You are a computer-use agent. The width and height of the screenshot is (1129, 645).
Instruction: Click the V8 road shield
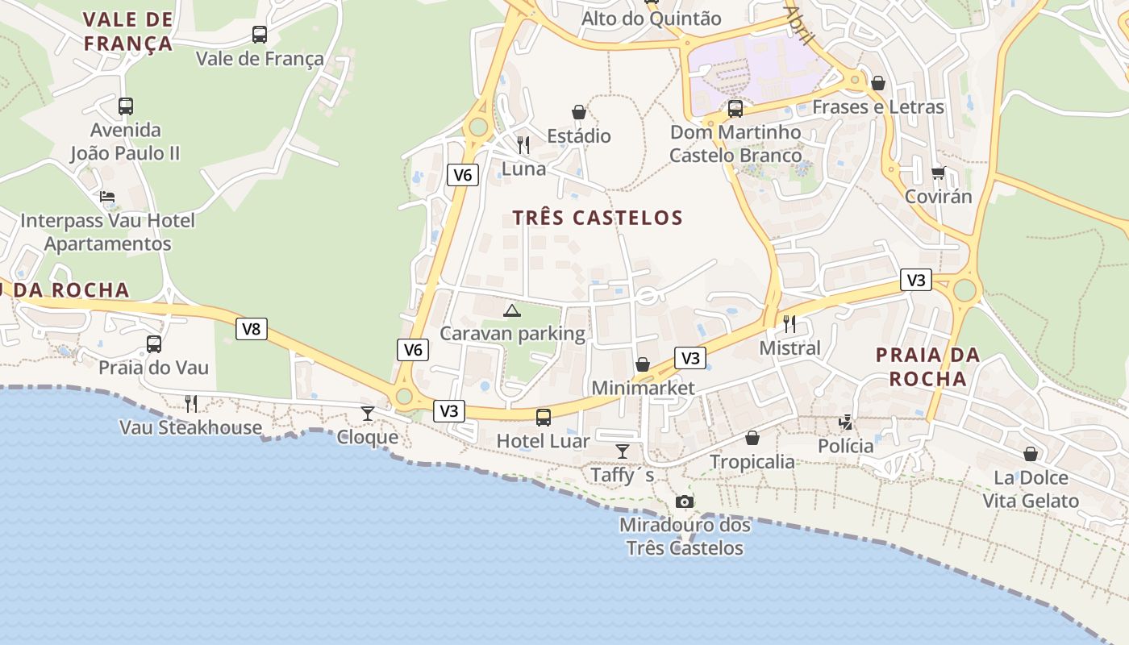[x=252, y=329]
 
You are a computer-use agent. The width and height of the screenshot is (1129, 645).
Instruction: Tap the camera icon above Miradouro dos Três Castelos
[x=685, y=501]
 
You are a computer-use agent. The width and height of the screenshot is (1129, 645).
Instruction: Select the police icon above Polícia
[x=845, y=422]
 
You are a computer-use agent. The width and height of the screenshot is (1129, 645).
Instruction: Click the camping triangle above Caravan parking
[x=512, y=310]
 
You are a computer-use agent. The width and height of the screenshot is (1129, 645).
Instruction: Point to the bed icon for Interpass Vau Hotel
[x=107, y=197]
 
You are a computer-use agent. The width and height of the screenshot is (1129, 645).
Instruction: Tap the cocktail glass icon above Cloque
[x=368, y=414]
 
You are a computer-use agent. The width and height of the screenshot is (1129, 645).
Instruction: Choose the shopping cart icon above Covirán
[x=938, y=173]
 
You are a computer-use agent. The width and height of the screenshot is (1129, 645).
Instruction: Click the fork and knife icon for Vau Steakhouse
[x=191, y=403]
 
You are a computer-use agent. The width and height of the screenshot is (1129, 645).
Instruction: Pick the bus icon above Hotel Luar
[x=544, y=418]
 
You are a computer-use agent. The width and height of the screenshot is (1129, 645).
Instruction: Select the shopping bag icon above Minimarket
[x=643, y=364]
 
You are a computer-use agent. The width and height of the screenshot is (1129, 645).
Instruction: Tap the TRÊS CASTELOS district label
[x=598, y=218]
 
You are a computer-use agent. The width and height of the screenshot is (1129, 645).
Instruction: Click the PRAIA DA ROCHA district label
[x=927, y=367]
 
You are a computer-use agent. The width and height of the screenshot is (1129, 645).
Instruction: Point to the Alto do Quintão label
[x=652, y=19]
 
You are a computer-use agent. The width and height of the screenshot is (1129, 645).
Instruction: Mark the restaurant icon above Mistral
[x=789, y=324]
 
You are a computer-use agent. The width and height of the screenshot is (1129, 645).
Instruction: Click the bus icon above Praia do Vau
[x=154, y=344]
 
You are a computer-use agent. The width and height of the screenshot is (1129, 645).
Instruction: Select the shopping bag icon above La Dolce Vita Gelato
[x=1030, y=454]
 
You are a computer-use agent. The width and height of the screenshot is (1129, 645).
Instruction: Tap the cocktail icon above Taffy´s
[x=622, y=451]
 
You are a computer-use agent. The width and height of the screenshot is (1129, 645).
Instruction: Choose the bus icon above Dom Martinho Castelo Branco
[x=735, y=108]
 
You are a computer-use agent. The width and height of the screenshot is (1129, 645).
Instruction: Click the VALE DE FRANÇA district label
[x=128, y=31]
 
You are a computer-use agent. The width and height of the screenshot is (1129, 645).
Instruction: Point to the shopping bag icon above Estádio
[x=579, y=112]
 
